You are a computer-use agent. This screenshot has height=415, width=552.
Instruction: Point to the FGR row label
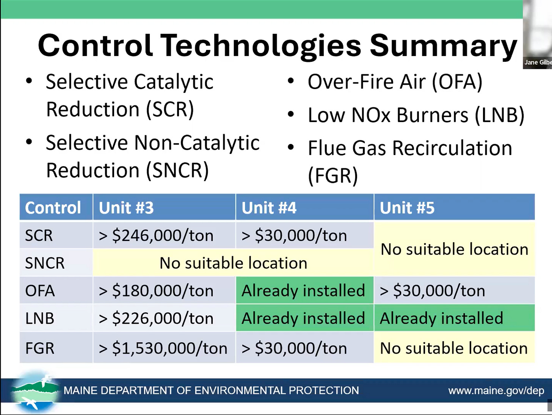(x=40, y=348)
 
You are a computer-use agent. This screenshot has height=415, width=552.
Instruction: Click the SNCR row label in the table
(x=45, y=263)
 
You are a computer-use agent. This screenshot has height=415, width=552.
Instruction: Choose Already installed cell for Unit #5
(x=454, y=318)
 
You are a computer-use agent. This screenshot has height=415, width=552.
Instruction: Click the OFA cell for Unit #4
(x=304, y=290)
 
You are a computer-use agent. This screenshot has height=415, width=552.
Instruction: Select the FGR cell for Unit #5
(x=454, y=348)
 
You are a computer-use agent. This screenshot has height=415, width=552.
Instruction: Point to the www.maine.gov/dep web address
(x=496, y=391)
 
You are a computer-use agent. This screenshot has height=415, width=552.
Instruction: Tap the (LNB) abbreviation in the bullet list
(x=499, y=115)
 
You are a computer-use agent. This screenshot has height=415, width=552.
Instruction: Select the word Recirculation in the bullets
(x=452, y=148)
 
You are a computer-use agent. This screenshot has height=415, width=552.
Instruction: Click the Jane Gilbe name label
(x=538, y=62)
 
